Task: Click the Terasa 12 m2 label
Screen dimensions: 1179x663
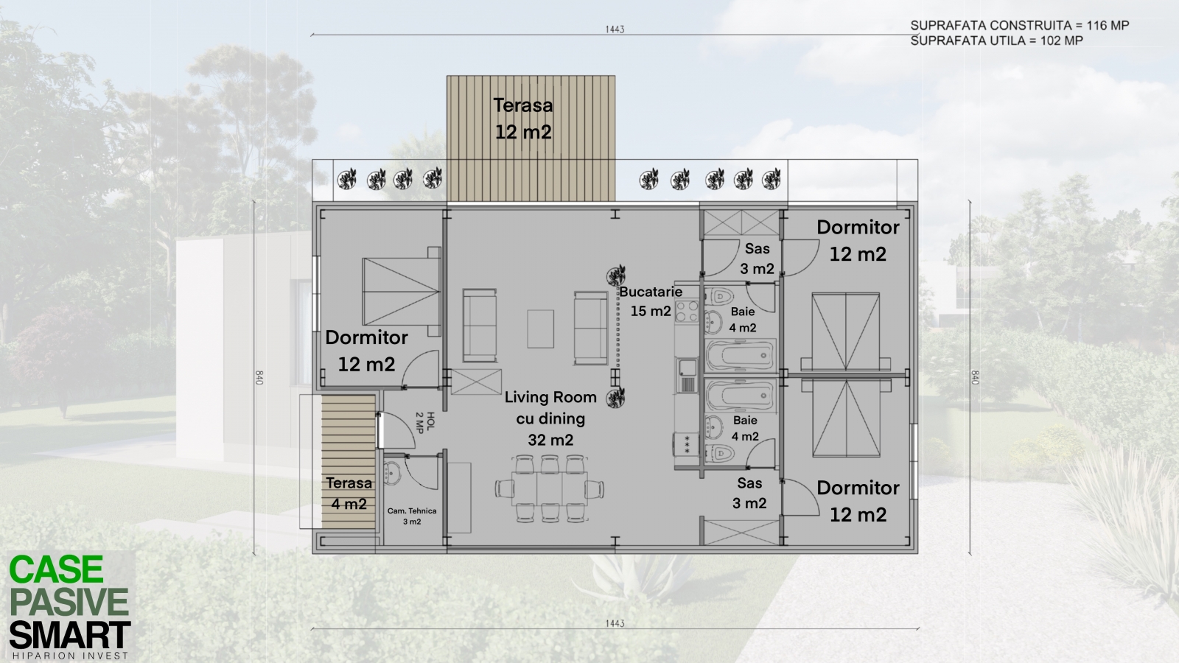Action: pyautogui.click(x=523, y=119)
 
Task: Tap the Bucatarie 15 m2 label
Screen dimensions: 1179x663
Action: pyautogui.click(x=651, y=301)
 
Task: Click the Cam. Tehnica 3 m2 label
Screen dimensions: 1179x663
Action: pyautogui.click(x=412, y=516)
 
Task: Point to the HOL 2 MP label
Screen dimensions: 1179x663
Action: pyautogui.click(x=424, y=422)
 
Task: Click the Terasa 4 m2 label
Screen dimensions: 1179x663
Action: pyautogui.click(x=349, y=493)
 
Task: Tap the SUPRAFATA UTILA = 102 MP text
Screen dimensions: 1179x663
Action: pyautogui.click(x=997, y=41)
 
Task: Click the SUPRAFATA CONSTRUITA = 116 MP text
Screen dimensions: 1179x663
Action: pyautogui.click(x=1020, y=25)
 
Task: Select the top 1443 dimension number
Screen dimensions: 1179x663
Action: pyautogui.click(x=615, y=29)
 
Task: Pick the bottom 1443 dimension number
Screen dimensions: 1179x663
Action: pyautogui.click(x=615, y=623)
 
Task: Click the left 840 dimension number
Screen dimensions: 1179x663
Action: pyautogui.click(x=259, y=377)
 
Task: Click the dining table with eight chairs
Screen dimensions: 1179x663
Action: pyautogui.click(x=550, y=489)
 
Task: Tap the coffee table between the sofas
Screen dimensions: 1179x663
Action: pyautogui.click(x=541, y=329)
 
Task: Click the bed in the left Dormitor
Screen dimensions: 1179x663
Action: pyautogui.click(x=402, y=292)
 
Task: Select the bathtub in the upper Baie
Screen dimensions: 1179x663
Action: pyautogui.click(x=741, y=356)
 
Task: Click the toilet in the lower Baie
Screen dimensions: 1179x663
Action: pyautogui.click(x=719, y=452)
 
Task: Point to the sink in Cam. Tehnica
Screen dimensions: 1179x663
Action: pyautogui.click(x=392, y=472)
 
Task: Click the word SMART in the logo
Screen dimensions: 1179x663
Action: pyautogui.click(x=70, y=635)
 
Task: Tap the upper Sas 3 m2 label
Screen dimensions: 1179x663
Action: pyautogui.click(x=757, y=259)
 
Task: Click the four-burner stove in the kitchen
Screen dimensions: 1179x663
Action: pyautogui.click(x=687, y=311)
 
